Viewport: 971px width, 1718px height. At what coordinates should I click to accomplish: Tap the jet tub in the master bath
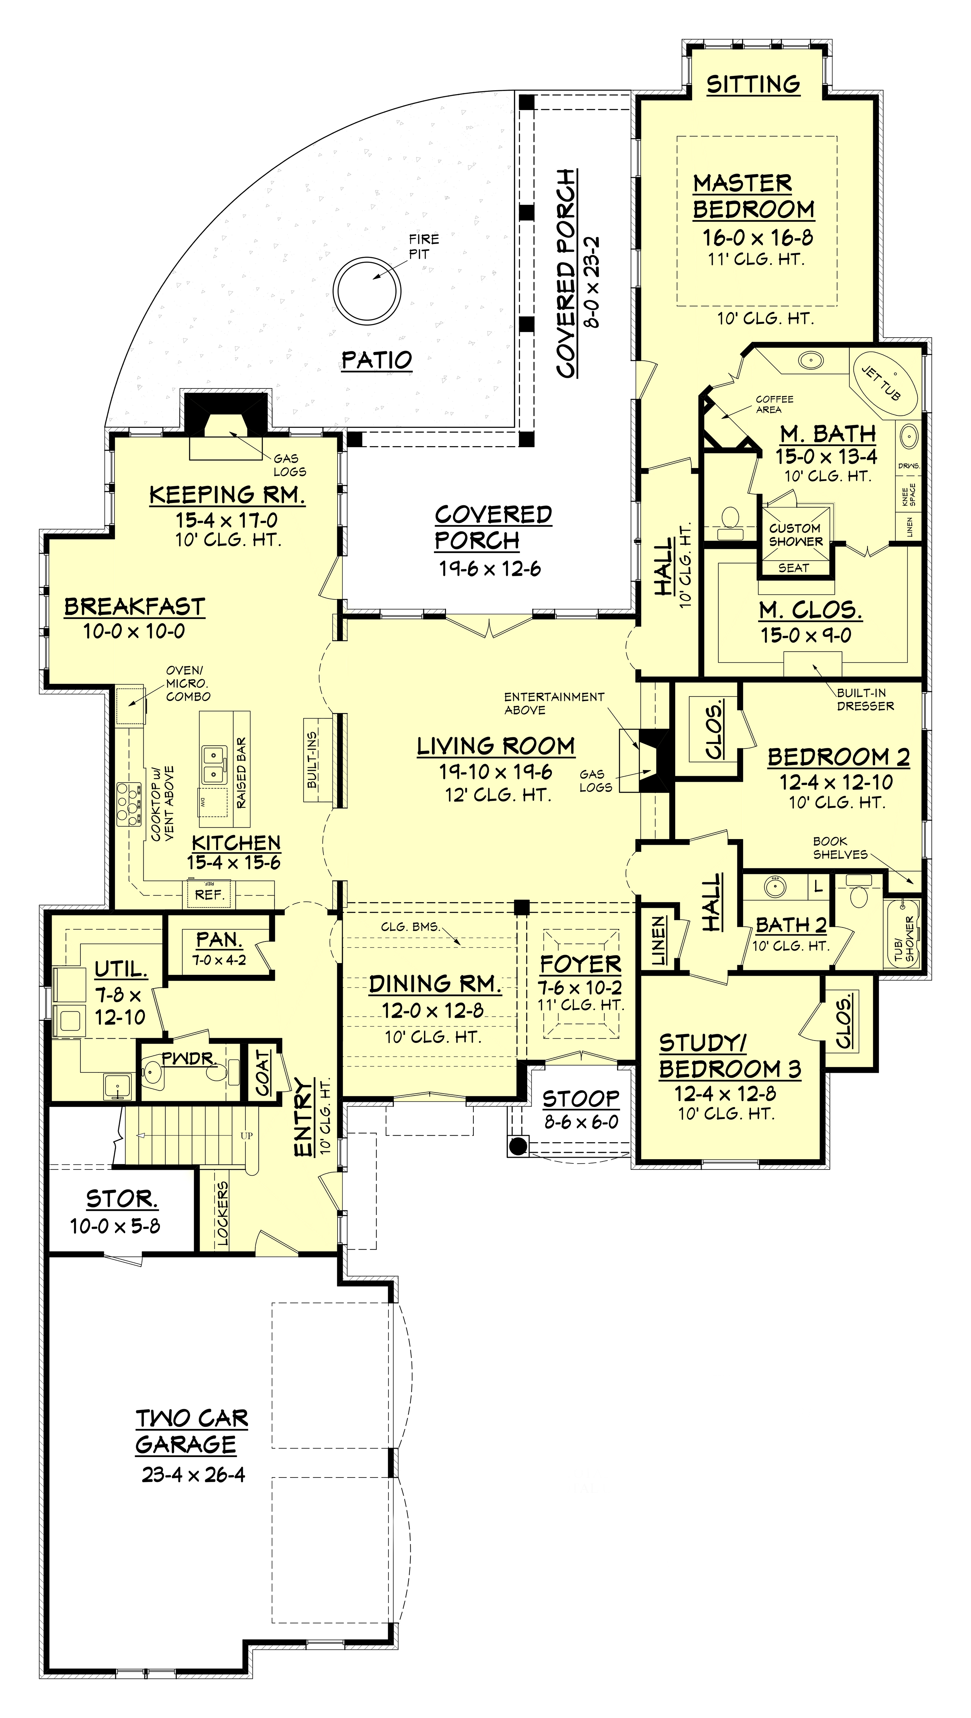coord(881,382)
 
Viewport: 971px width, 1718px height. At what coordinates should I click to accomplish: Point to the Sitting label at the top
coord(754,84)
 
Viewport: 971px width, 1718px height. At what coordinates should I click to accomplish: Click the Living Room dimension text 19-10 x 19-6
coord(495,772)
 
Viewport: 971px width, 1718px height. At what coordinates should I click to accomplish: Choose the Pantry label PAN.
coord(219,940)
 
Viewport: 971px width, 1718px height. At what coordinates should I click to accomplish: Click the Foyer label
coord(581,964)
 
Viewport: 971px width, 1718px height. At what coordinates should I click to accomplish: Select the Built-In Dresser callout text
coord(865,699)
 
